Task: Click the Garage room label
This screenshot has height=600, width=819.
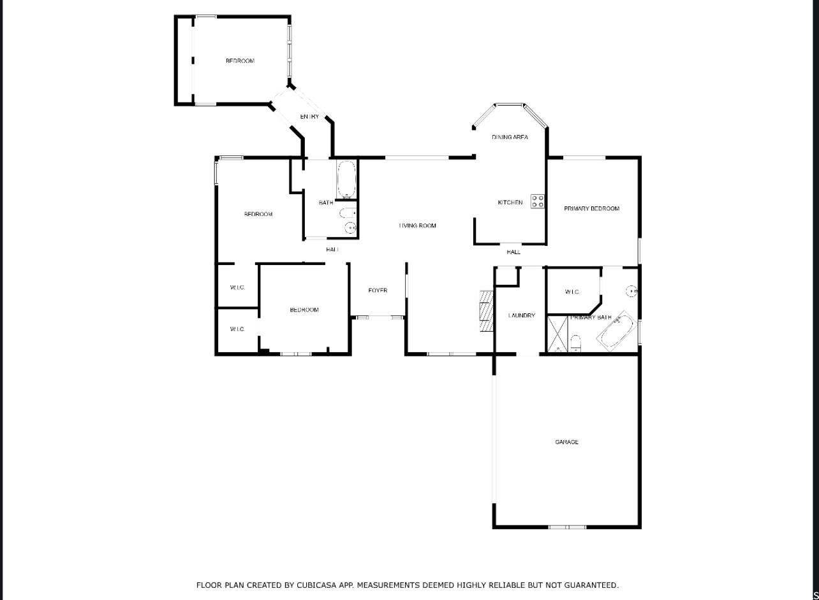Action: tap(566, 442)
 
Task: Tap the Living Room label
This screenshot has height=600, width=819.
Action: tap(418, 225)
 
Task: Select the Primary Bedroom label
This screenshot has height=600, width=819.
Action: tap(591, 208)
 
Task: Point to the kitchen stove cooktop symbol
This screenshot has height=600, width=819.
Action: tap(538, 201)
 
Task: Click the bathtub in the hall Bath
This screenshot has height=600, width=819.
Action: tap(346, 180)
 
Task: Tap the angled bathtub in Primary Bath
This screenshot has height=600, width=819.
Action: tap(617, 332)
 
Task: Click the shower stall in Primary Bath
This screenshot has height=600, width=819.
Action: tap(557, 334)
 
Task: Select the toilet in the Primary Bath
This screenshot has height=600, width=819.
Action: tap(575, 343)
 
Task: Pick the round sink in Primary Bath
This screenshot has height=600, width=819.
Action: tap(632, 291)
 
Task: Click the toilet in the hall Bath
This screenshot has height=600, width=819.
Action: tap(348, 213)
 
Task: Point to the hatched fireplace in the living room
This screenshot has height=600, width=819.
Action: tap(487, 311)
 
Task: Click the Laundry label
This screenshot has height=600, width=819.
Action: tap(522, 315)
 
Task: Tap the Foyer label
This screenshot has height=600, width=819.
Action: tap(378, 290)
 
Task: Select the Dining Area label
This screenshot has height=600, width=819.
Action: tap(510, 137)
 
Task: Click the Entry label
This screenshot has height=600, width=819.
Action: tap(309, 117)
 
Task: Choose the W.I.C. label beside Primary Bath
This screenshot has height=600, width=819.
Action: tap(572, 292)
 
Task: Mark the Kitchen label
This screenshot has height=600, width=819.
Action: tap(510, 203)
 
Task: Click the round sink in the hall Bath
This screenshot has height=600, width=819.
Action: tap(350, 228)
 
